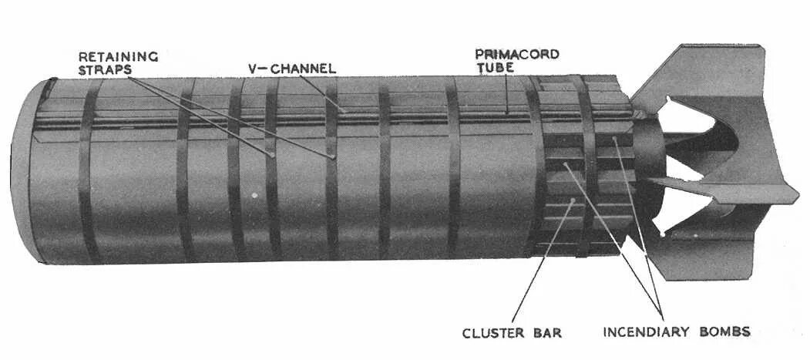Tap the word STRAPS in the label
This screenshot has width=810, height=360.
(105, 69)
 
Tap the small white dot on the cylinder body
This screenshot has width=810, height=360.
(254, 193)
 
